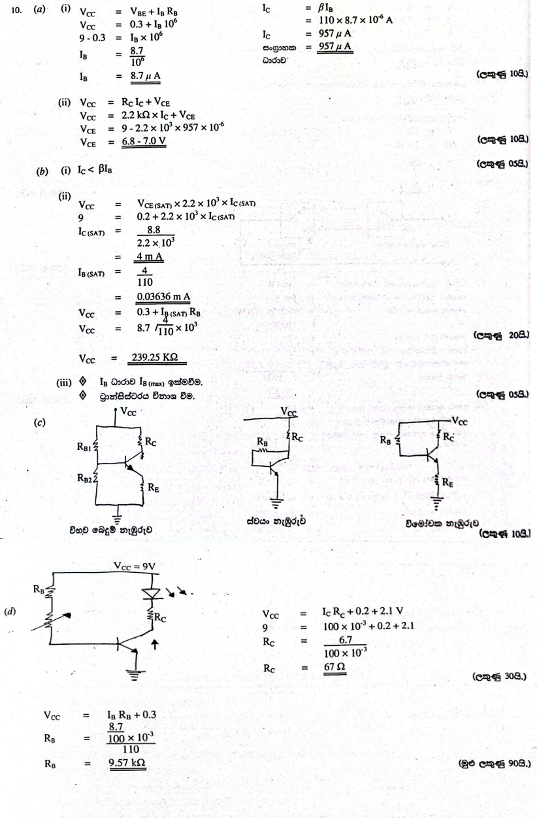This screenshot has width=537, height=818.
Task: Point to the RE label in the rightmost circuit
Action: [450, 484]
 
